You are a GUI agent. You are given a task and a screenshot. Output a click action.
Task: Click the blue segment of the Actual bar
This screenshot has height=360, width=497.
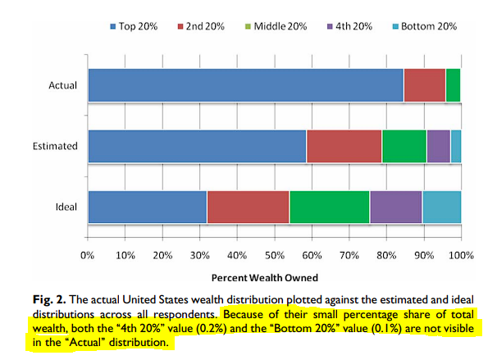(245, 84)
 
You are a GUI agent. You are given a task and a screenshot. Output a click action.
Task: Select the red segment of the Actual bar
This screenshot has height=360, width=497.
(424, 84)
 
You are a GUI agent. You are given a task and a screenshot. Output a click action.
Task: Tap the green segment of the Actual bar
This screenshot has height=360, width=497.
(453, 84)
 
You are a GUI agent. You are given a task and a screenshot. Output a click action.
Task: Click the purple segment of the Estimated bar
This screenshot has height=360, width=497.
(438, 146)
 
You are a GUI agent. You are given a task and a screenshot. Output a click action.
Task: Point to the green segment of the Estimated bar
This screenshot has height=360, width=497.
(404, 146)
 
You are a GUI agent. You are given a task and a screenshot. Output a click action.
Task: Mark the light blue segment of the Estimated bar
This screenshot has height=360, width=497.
(455, 146)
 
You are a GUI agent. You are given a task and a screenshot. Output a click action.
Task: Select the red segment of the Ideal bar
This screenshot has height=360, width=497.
(248, 207)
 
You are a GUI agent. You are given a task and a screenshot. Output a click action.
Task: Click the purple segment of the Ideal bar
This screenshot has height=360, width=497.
(395, 207)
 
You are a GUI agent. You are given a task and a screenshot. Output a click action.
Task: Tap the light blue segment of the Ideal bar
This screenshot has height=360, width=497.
(441, 207)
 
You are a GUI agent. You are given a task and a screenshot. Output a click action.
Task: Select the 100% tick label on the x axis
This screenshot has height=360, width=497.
(460, 255)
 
